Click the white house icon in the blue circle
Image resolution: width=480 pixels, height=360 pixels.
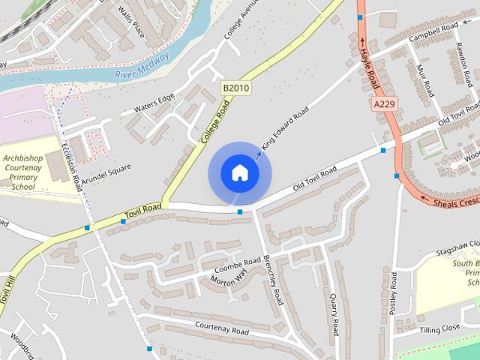239,172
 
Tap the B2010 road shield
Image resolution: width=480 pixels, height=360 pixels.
235,88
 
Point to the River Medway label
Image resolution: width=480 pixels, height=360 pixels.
142,66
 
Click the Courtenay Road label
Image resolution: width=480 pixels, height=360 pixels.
221,328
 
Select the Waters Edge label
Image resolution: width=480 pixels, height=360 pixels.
154,104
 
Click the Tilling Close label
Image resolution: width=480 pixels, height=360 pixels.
439,328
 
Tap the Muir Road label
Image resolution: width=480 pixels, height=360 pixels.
424,79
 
